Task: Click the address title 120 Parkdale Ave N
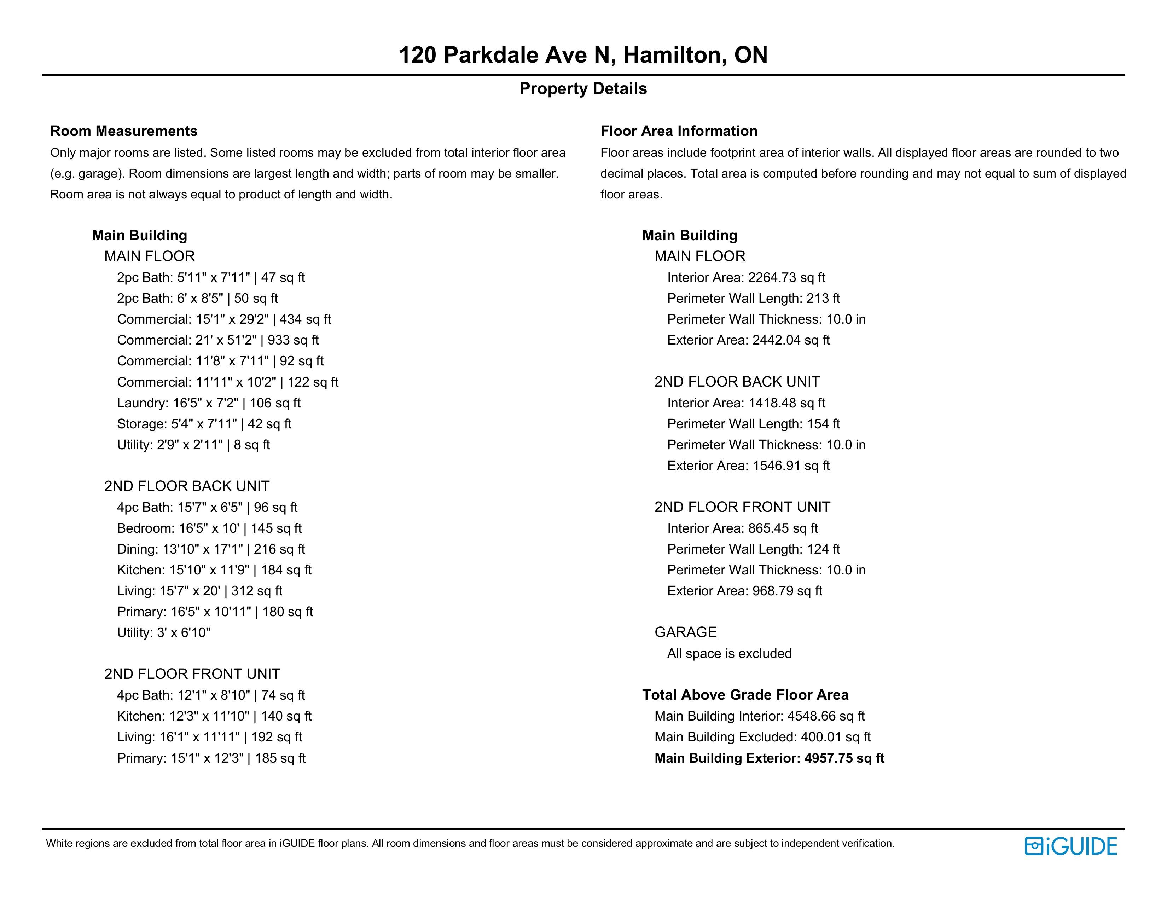pyautogui.click(x=583, y=55)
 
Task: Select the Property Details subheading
pyautogui.click(x=583, y=89)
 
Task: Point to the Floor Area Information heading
pyautogui.click(x=679, y=131)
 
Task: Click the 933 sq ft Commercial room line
pyautogui.click(x=217, y=340)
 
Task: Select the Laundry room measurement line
pyautogui.click(x=208, y=403)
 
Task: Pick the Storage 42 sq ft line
pyautogui.click(x=204, y=424)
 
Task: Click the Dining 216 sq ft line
pyautogui.click(x=210, y=549)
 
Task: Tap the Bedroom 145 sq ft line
pyautogui.click(x=209, y=528)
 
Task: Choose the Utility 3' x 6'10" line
pyautogui.click(x=163, y=633)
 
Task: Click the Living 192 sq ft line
pyautogui.click(x=209, y=737)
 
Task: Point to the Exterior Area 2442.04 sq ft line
pyautogui.click(x=748, y=340)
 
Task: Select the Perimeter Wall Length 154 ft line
pyautogui.click(x=753, y=424)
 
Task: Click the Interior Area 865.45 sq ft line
pyautogui.click(x=742, y=528)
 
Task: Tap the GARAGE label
pyautogui.click(x=686, y=632)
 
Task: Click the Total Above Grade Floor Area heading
pyautogui.click(x=745, y=695)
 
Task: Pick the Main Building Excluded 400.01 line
pyautogui.click(x=762, y=737)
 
